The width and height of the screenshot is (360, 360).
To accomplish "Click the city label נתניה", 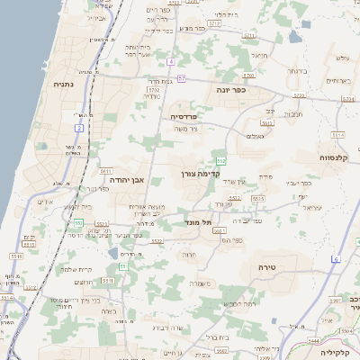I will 64,85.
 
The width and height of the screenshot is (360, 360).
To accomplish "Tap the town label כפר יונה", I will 256,90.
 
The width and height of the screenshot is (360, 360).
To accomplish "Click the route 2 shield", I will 79,128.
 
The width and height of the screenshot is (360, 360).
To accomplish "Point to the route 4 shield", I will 169,61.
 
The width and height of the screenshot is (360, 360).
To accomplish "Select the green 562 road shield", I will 220,158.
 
